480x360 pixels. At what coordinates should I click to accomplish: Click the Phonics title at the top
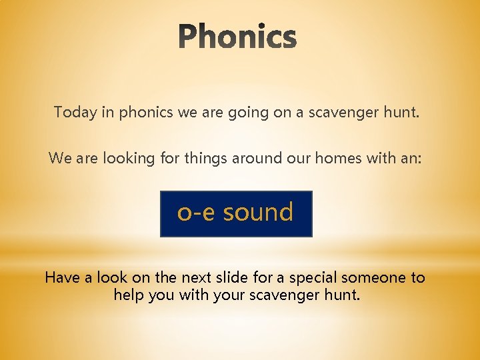238,37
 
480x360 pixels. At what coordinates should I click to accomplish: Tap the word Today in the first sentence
75,112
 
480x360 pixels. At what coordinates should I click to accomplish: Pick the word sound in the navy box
258,213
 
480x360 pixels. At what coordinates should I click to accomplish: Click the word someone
374,277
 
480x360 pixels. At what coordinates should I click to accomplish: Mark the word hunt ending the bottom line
343,294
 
